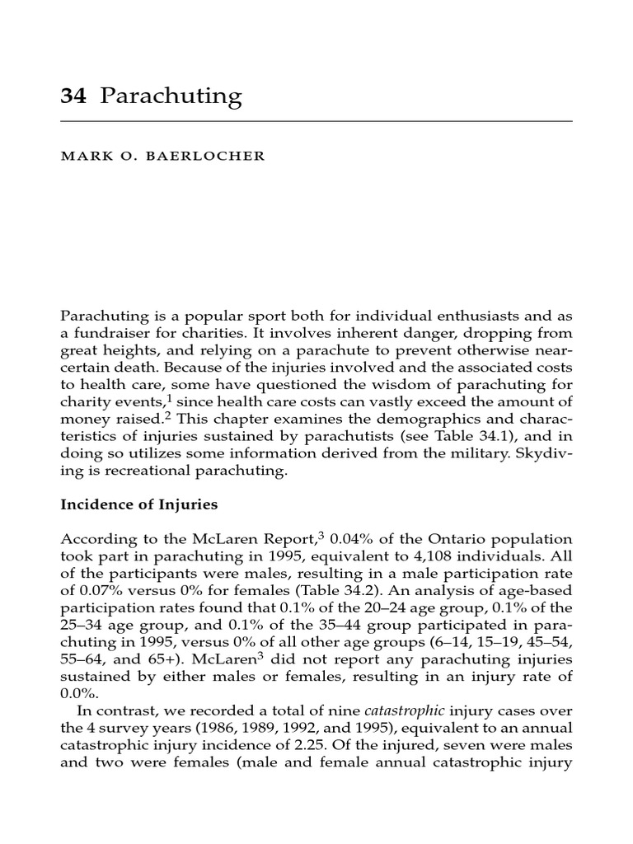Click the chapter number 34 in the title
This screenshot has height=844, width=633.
[73, 97]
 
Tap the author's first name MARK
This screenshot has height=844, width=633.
[81, 157]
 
